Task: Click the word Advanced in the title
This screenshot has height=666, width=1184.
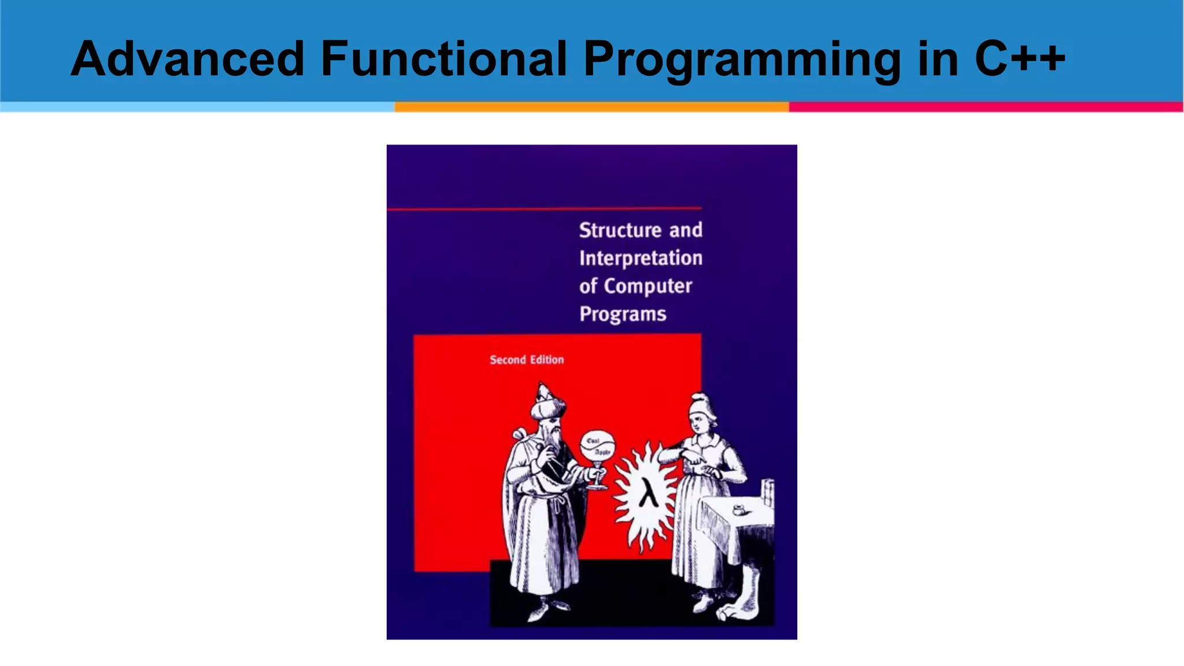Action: pyautogui.click(x=187, y=59)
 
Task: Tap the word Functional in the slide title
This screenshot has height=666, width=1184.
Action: pyautogui.click(x=443, y=59)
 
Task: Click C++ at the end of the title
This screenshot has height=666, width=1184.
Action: pyautogui.click(x=1019, y=59)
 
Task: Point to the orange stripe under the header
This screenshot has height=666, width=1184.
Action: pyautogui.click(x=591, y=107)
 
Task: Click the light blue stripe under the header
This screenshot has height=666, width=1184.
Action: pyautogui.click(x=197, y=107)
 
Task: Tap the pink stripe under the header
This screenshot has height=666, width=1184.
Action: pyautogui.click(x=986, y=107)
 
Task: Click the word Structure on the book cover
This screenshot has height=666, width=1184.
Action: pyautogui.click(x=620, y=230)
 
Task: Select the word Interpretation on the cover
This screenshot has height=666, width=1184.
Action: pyautogui.click(x=641, y=258)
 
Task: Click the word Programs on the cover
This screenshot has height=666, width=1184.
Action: pyautogui.click(x=623, y=314)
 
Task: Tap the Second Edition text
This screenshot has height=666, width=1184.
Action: pyautogui.click(x=527, y=360)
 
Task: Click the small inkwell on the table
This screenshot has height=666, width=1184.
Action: pyautogui.click(x=738, y=510)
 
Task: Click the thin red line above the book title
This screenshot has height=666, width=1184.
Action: pyautogui.click(x=543, y=209)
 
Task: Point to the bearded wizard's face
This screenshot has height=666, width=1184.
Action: pyautogui.click(x=554, y=431)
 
